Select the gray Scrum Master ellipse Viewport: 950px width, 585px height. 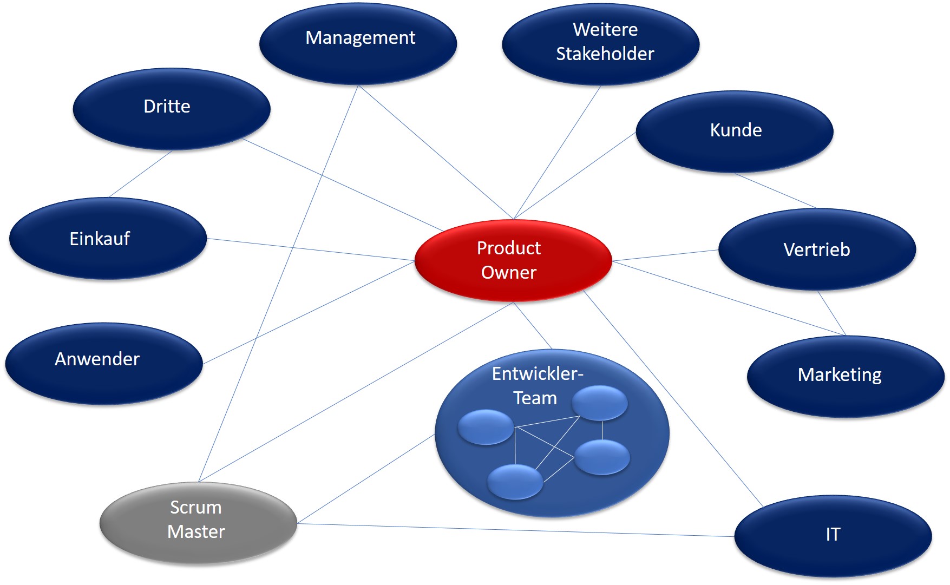[198, 521]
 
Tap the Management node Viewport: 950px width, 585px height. [358, 43]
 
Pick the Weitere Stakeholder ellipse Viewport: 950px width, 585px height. [601, 43]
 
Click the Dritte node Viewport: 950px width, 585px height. [171, 108]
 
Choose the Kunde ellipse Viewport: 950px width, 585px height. [734, 131]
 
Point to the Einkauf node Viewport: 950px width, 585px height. [107, 238]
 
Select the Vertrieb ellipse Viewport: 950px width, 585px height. [817, 249]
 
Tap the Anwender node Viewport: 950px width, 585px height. [103, 363]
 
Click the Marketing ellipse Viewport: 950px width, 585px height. [845, 376]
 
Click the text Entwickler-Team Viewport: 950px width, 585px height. [536, 385]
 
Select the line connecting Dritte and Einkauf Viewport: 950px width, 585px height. [140, 174]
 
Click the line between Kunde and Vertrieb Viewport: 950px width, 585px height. [775, 190]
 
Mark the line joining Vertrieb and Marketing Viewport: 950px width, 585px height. [831, 313]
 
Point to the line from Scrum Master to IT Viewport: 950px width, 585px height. [514, 530]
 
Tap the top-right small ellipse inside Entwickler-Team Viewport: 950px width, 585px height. [600, 403]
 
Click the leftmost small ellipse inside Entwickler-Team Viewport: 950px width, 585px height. [486, 427]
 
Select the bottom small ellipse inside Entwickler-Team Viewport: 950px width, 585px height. [515, 481]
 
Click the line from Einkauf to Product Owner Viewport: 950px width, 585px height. [311, 249]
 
